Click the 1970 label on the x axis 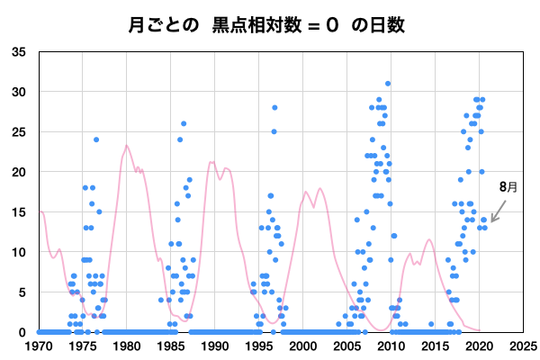pyautogui.click(x=39, y=346)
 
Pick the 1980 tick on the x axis pyautogui.click(x=126, y=346)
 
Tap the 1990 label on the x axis pyautogui.click(x=214, y=346)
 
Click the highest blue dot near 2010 pyautogui.click(x=388, y=84)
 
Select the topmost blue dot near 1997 pyautogui.click(x=274, y=108)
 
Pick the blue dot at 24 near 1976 pyautogui.click(x=96, y=139)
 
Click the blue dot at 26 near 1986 pyautogui.click(x=184, y=124)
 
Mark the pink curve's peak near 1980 pyautogui.click(x=127, y=146)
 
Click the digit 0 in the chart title pyautogui.click(x=332, y=24)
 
